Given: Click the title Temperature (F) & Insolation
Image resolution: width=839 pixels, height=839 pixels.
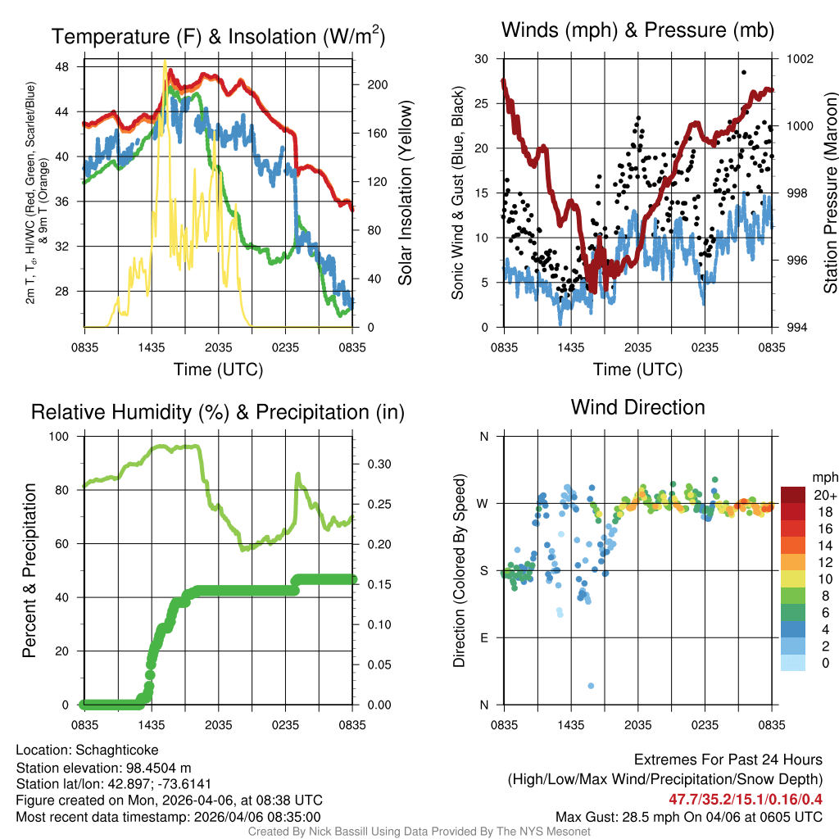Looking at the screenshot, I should (x=218, y=37).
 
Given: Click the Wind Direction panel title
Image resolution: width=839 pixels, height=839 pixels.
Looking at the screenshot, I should (x=637, y=407).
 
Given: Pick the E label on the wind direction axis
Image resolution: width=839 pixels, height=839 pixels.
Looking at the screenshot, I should (x=483, y=637).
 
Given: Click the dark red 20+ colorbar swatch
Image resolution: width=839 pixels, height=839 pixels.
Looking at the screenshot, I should (x=793, y=495).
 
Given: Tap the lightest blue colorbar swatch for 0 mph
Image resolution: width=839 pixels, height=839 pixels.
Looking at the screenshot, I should (x=793, y=664).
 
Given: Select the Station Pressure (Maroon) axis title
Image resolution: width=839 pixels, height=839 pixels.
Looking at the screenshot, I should (x=829, y=193).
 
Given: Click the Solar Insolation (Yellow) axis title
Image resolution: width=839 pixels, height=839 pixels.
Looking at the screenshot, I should (x=405, y=193).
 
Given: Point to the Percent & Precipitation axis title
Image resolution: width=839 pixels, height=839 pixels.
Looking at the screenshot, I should (x=29, y=569).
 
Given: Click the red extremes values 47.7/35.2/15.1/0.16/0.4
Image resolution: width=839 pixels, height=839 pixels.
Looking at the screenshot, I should (x=746, y=798).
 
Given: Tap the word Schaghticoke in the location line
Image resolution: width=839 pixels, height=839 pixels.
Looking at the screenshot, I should (x=117, y=750).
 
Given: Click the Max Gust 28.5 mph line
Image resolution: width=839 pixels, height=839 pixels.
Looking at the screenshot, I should (x=689, y=816).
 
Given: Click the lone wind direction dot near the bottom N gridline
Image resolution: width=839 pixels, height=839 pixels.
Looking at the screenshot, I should (x=591, y=686).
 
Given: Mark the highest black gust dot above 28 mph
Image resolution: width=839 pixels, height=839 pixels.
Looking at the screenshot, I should (x=744, y=72).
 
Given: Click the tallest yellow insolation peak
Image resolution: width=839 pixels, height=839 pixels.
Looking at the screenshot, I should (x=165, y=61).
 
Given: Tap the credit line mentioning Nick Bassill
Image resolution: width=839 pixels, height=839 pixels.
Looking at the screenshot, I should (x=419, y=832).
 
